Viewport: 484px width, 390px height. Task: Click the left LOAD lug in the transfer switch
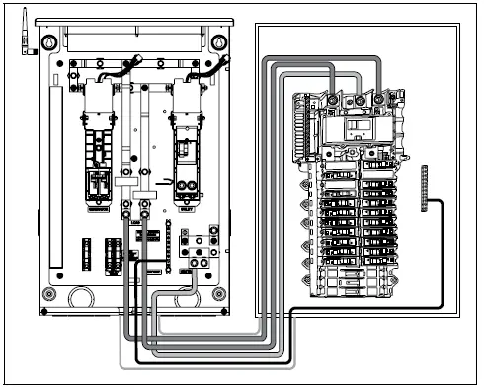pyautogui.click(x=125, y=209)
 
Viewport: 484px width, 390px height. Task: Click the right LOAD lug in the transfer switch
pyautogui.click(x=145, y=209)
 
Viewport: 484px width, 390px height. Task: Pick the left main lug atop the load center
pyautogui.click(x=334, y=100)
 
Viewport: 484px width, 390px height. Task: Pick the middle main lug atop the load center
pyautogui.click(x=357, y=100)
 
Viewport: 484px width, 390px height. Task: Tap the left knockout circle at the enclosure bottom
pyautogui.click(x=78, y=293)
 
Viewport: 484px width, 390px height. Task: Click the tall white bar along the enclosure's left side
pyautogui.click(x=55, y=178)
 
